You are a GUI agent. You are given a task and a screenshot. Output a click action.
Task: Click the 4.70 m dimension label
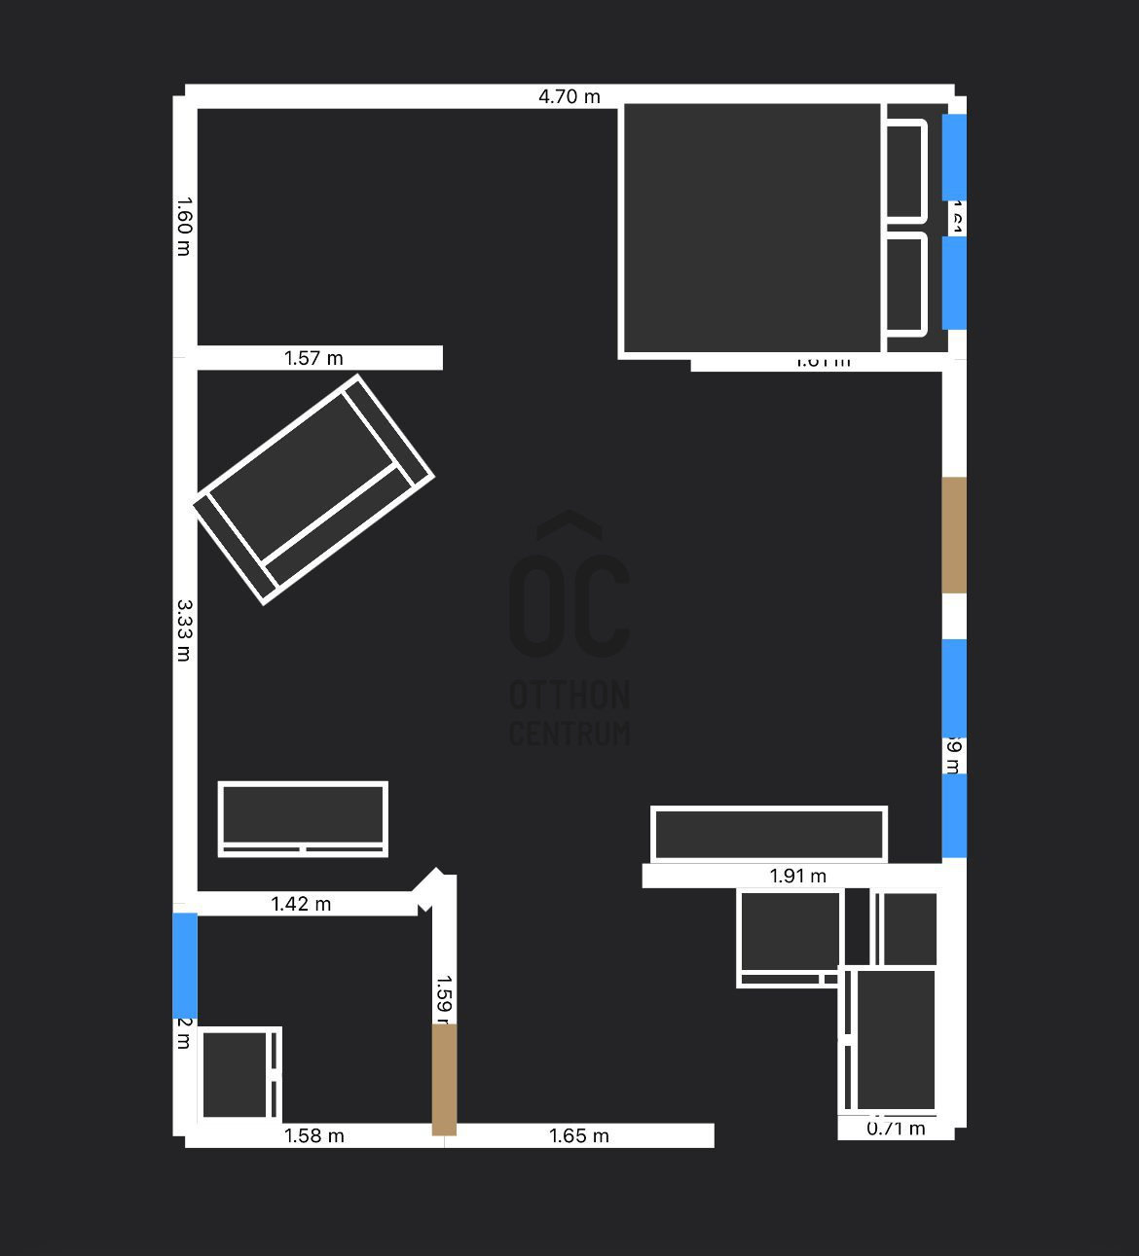pos(569,96)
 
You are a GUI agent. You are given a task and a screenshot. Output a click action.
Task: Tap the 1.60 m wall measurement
pos(184,227)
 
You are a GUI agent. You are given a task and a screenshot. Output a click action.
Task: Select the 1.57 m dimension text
pos(313,358)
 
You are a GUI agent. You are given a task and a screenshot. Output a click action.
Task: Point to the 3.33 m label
pos(184,630)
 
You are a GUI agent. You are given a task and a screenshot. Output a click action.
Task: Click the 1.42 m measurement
pos(301,904)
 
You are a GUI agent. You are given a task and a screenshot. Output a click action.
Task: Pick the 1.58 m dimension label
pos(313,1135)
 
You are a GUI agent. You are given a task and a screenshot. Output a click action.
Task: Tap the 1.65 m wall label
pos(579,1135)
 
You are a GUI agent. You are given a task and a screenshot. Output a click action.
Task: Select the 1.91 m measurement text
pos(798,876)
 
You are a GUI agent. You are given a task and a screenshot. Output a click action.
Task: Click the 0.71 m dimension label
pos(896,1129)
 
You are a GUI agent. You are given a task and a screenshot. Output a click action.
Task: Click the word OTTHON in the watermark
pos(569,695)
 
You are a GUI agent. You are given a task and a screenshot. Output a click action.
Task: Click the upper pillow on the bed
pos(905,171)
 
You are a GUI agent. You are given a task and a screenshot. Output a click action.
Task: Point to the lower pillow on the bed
pos(905,283)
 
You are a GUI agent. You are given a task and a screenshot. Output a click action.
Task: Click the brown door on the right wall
pos(954,534)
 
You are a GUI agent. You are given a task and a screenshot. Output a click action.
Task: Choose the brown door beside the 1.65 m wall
pos(444,1079)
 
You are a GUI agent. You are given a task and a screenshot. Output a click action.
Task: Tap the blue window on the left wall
pos(185,965)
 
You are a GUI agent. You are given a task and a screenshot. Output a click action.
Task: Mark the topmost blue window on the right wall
pos(954,157)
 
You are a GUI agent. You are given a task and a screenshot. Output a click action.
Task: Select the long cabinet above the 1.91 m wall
pos(769,834)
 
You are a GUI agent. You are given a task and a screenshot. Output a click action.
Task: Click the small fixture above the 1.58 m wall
pos(239,1074)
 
